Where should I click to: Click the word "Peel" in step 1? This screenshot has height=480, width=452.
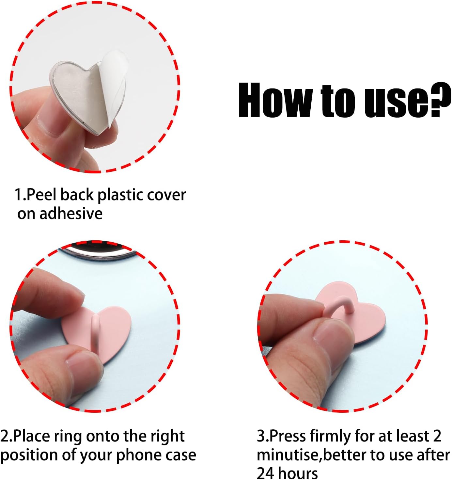(42, 195)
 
